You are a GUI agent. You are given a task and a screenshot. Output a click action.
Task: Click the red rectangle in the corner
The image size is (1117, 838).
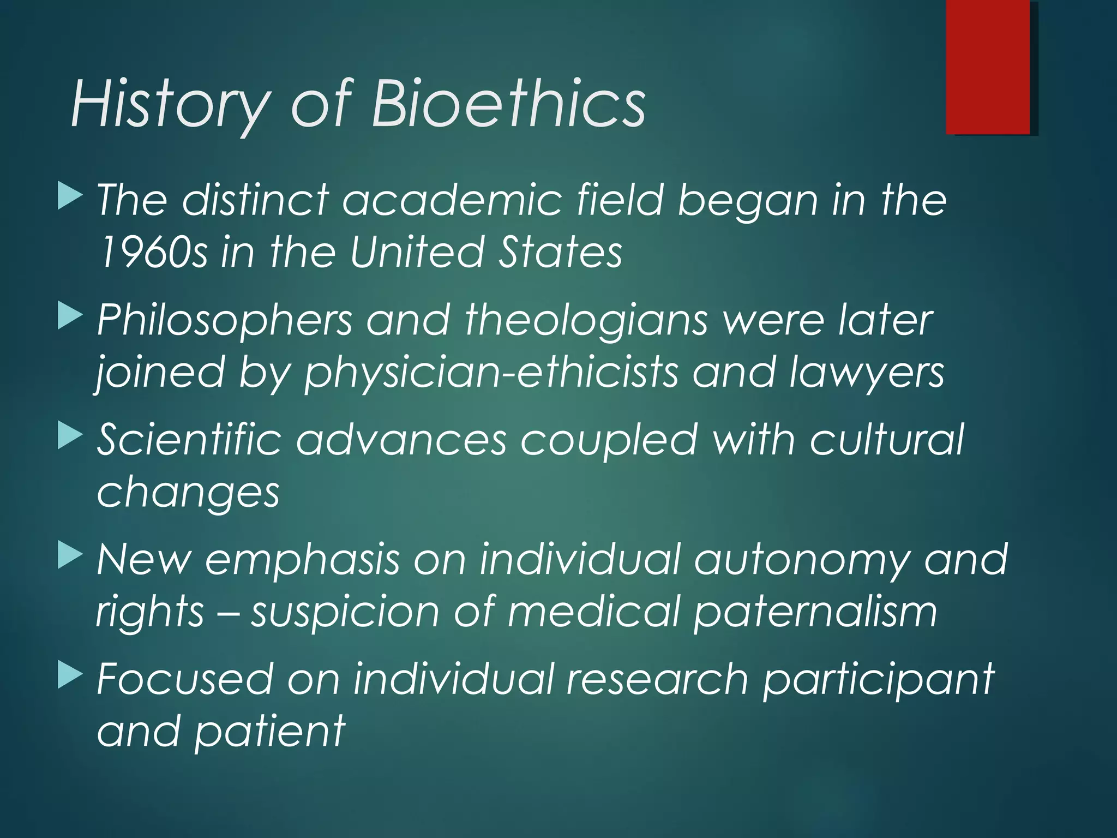pyautogui.click(x=988, y=67)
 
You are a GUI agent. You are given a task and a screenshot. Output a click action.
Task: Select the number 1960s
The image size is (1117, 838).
pyautogui.click(x=153, y=252)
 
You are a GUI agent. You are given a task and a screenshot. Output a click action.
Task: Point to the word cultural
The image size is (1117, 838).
pyautogui.click(x=887, y=439)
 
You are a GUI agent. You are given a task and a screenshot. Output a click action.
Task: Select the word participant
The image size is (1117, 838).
pyautogui.click(x=878, y=680)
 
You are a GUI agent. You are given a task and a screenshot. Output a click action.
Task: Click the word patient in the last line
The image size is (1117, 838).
pyautogui.click(x=270, y=731)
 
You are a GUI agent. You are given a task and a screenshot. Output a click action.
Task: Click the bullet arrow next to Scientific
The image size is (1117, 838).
pyautogui.click(x=70, y=436)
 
